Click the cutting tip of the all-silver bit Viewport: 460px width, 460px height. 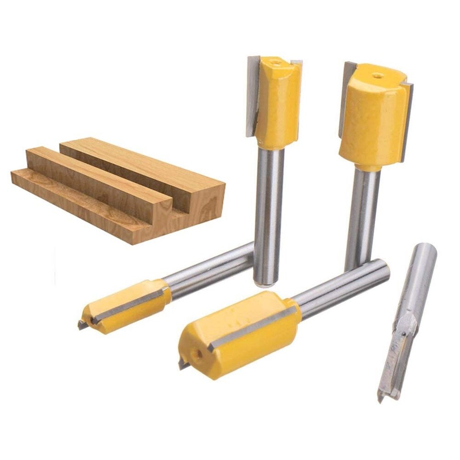coord(383,396)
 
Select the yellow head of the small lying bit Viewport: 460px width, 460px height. coord(129,307)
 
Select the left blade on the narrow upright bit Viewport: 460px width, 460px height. coord(253,96)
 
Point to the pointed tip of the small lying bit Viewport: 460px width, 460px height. coord(82,325)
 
